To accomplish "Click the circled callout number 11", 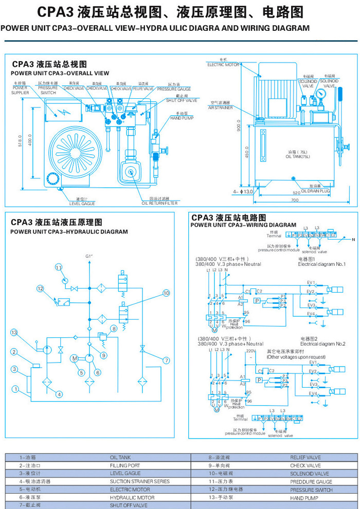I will (59, 267).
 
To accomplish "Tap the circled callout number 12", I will (40, 288).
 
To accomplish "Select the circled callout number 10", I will (166, 293).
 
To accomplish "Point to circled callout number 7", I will (166, 360).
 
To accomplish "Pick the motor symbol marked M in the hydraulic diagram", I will (75, 358).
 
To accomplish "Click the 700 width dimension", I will (294, 199).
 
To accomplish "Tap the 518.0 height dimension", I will (20, 140).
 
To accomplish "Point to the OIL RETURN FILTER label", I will (159, 203).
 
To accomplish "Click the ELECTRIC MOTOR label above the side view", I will (223, 65).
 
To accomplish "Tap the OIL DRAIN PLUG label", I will (315, 191).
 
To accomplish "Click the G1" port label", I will (89, 257).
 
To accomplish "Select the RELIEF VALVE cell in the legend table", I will (305, 457).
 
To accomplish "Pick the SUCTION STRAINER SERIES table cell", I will (139, 482).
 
